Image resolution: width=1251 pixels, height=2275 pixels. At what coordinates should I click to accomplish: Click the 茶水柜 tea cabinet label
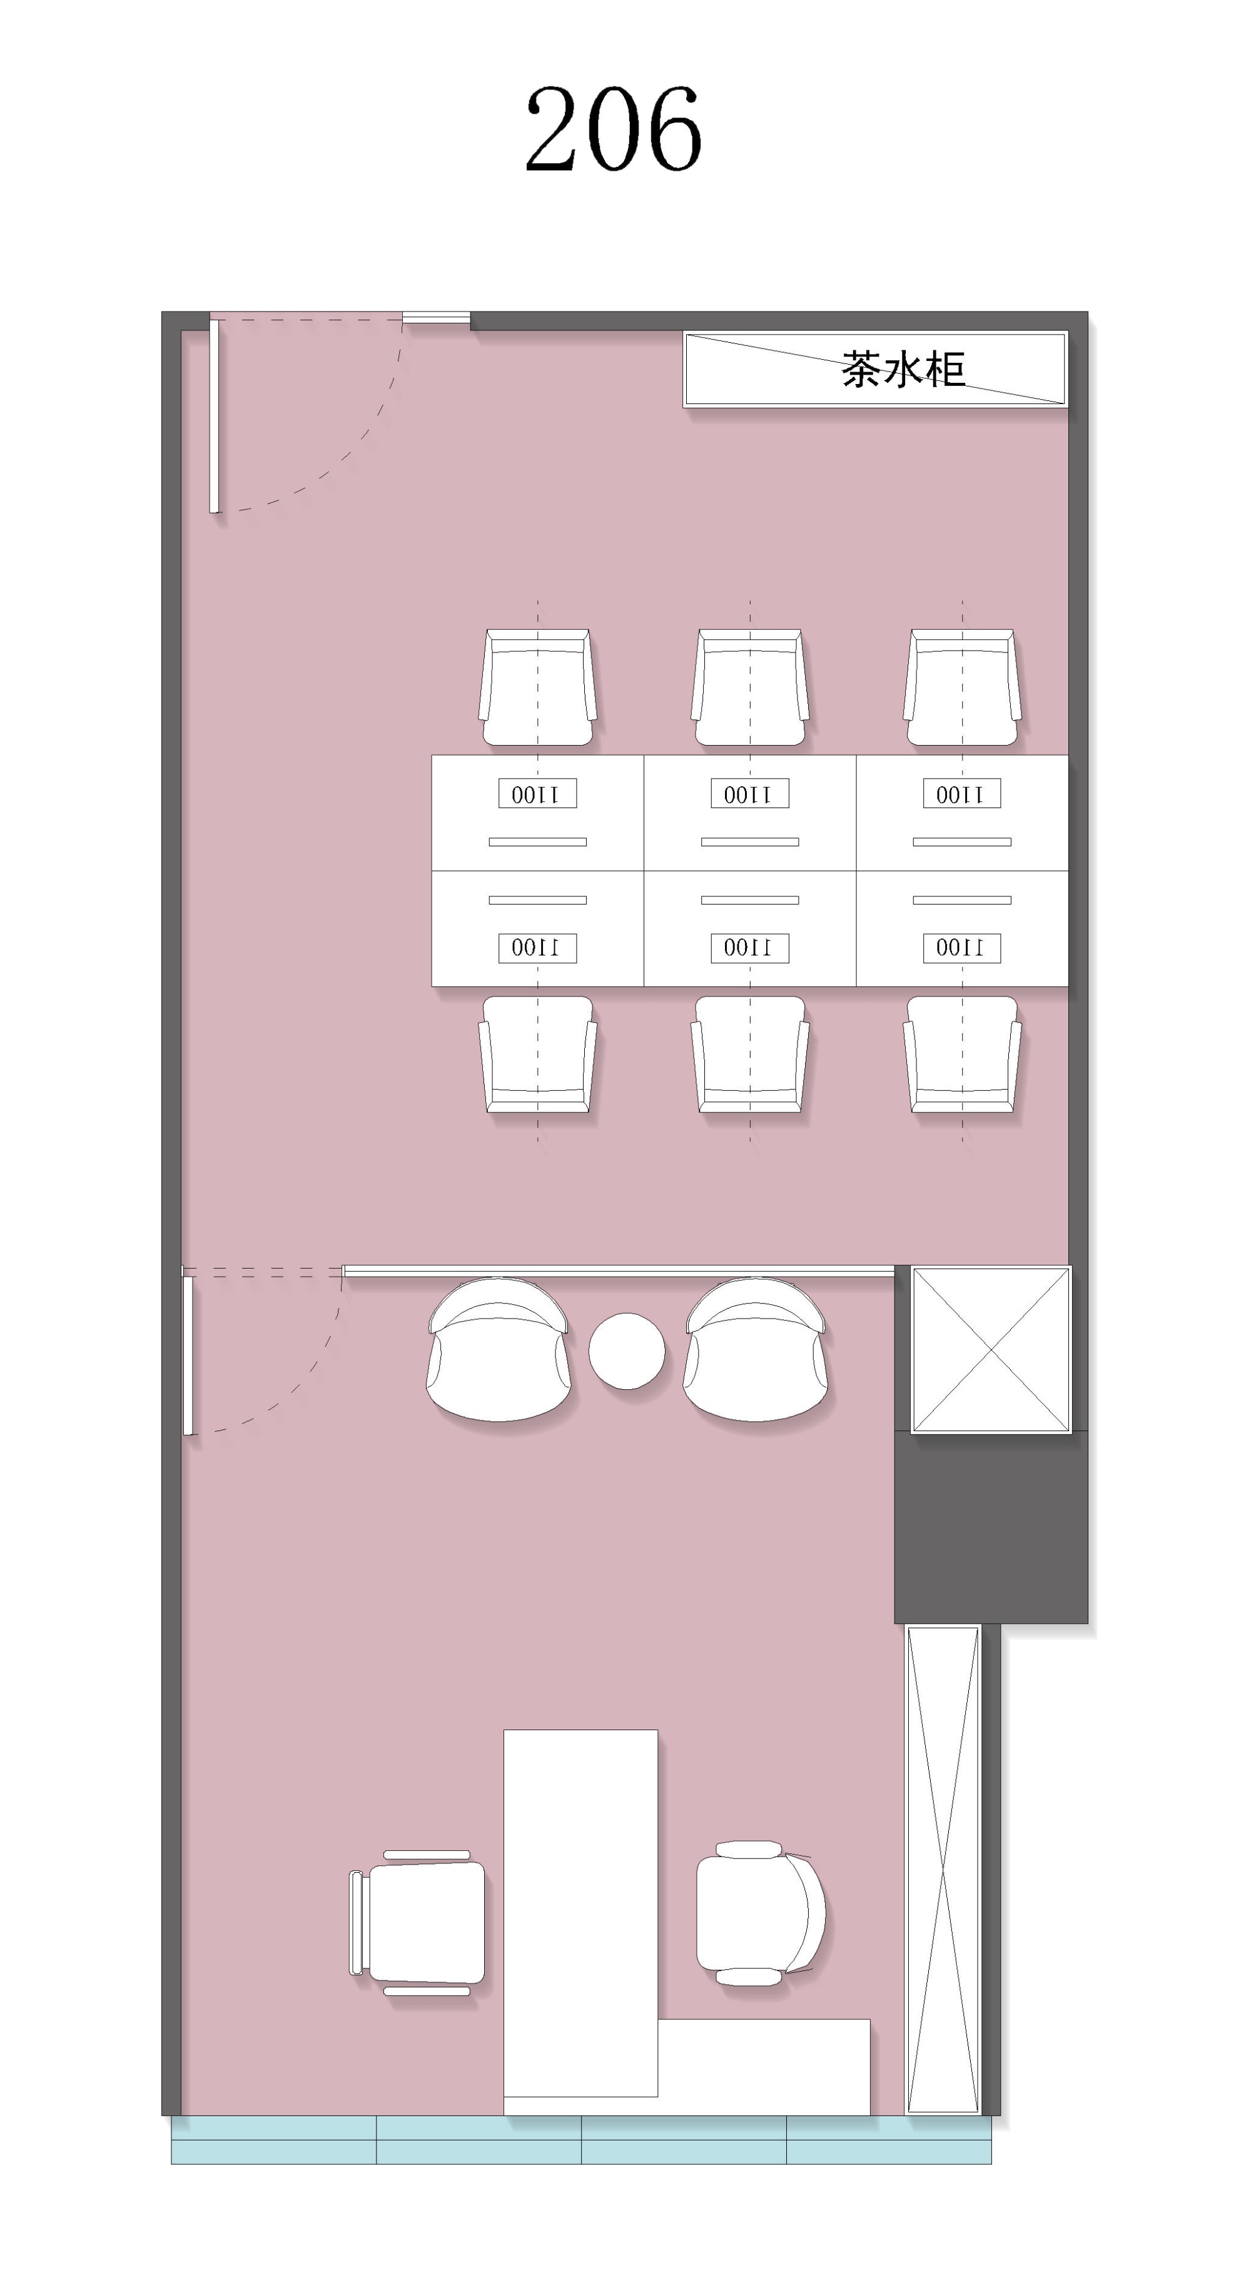(902, 369)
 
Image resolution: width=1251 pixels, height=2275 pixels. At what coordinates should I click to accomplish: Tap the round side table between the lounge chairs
(627, 1350)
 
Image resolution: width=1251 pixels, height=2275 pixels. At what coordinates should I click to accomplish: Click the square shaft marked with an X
(991, 1349)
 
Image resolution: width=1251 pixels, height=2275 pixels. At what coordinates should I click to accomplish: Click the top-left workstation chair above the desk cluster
(538, 687)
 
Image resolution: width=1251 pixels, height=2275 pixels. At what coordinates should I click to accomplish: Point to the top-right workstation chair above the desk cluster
(962, 687)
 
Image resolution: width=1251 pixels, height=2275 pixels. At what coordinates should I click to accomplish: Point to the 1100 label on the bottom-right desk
(961, 948)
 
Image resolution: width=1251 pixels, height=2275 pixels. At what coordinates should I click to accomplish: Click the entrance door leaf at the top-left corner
(214, 416)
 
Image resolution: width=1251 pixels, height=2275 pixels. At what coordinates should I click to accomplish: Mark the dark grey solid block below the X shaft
(991, 1528)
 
